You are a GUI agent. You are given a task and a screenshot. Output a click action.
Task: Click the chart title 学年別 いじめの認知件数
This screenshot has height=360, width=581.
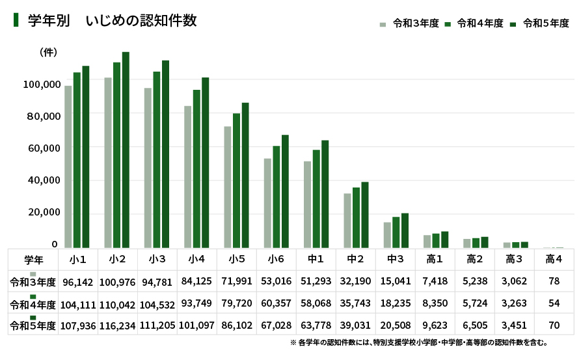point(112,21)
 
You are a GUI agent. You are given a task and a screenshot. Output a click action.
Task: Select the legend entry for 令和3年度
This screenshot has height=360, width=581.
point(410,23)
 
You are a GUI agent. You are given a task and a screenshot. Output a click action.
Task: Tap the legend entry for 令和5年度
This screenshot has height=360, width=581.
point(539,23)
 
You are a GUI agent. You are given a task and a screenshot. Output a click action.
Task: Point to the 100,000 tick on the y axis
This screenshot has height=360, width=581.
point(42,84)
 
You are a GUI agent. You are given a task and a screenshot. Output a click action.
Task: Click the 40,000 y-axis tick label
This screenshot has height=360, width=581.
point(42,180)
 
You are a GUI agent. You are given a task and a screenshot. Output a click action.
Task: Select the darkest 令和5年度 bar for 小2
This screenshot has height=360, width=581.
point(126,150)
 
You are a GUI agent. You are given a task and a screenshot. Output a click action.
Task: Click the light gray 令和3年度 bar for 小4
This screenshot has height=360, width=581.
point(187,176)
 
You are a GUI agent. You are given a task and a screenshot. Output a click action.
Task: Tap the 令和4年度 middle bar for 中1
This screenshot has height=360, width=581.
point(316,199)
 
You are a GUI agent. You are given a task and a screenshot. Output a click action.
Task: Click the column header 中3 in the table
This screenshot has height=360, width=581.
point(396,259)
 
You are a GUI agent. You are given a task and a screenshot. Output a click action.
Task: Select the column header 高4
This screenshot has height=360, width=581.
point(554,259)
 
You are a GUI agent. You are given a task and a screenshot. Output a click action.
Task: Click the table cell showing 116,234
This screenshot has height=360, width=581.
point(118,325)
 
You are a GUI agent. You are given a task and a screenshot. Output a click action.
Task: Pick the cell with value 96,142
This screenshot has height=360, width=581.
point(78,282)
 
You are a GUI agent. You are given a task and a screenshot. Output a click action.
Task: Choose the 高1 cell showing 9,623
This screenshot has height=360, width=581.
point(435,325)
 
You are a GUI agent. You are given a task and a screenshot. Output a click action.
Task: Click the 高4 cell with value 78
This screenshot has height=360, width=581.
point(554,282)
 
